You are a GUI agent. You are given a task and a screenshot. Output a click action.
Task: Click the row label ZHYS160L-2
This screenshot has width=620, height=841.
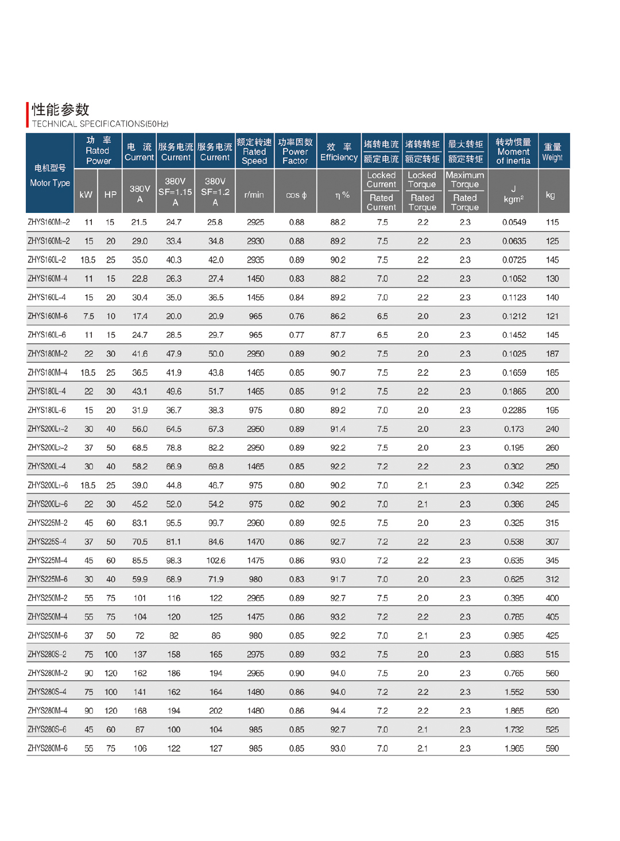coord(47,260)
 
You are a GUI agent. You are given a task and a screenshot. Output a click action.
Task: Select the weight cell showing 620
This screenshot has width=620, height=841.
coord(552,711)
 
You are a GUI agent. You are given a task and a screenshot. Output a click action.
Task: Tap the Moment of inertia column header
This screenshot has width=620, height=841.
coord(513,151)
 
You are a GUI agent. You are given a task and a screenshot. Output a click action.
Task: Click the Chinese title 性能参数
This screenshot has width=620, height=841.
coord(60,110)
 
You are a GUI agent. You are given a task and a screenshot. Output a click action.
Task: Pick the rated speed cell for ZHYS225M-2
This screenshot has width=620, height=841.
coord(255,523)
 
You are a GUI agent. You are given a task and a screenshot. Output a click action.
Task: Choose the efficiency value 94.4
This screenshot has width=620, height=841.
coord(338,711)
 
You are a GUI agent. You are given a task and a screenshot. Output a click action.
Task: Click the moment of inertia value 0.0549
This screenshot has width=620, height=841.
coord(514,223)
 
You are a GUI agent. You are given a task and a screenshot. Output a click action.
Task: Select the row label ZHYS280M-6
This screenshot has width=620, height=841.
coord(48,749)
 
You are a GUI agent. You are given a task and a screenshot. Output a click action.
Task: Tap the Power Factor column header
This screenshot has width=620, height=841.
coord(295,151)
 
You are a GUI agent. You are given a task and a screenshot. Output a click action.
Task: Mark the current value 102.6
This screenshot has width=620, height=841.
coord(216,560)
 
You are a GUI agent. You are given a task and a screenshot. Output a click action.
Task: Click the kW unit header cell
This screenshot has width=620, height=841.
coord(86,195)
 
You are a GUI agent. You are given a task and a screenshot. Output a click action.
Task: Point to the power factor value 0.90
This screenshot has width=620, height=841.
coord(297,673)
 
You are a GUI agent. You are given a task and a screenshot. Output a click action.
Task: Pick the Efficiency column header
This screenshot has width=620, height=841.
coord(339,152)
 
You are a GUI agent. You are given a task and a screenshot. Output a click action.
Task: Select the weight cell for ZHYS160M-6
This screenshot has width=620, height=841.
coord(552,317)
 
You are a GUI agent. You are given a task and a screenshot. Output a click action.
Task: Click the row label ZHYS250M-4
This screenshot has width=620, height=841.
coord(48,617)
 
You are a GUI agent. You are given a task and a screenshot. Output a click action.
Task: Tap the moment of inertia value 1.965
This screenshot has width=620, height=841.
coord(514,749)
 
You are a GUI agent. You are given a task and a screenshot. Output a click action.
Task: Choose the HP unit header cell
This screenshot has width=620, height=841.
coord(110,195)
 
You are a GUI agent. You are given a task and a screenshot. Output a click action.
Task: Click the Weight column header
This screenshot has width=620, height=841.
coord(552,152)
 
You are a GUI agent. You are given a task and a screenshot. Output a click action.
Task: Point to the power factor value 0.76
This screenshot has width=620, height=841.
coord(297,317)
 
